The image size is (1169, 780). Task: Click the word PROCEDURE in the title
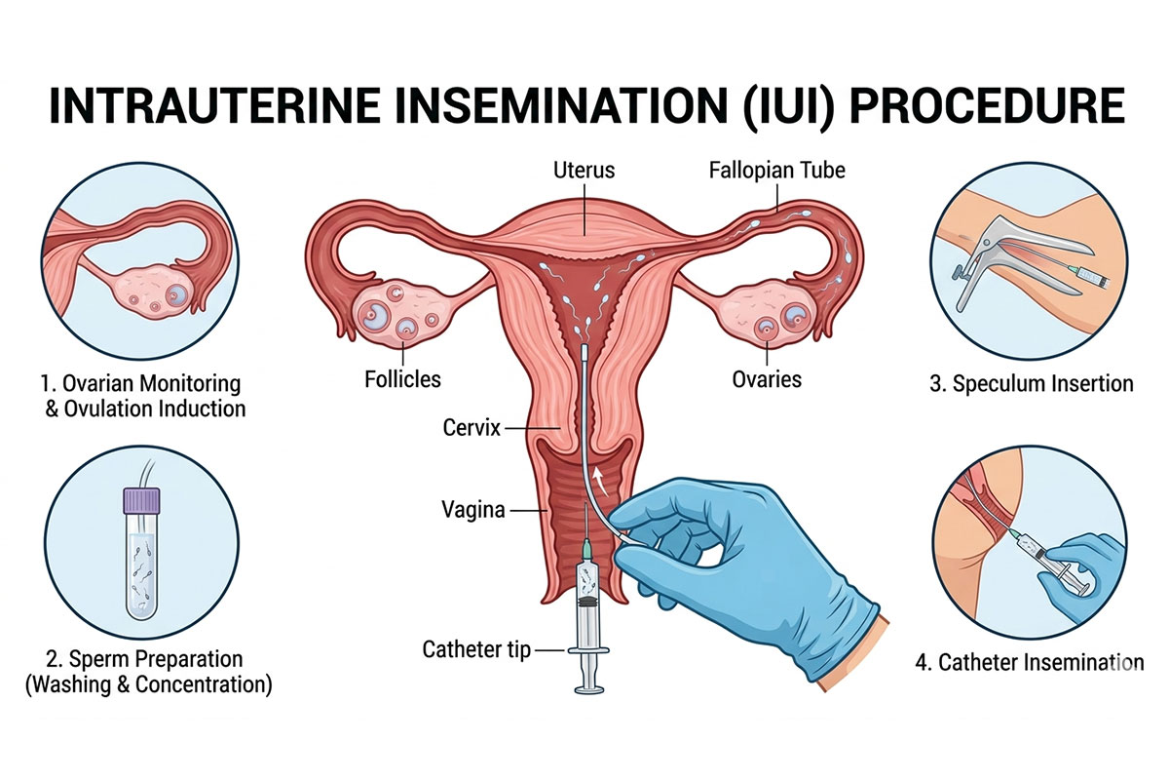pyautogui.click(x=987, y=106)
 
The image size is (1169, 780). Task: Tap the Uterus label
pyautogui.click(x=584, y=171)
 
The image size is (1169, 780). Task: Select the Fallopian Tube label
pyautogui.click(x=777, y=171)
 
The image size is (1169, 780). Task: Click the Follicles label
pyautogui.click(x=402, y=379)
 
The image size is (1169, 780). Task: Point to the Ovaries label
pyautogui.click(x=767, y=379)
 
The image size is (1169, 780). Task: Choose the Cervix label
pyautogui.click(x=471, y=428)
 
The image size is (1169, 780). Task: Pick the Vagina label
pyautogui.click(x=473, y=509)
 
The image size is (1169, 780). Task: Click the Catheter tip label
pyautogui.click(x=476, y=649)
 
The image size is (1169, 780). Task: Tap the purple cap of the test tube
pyautogui.click(x=141, y=500)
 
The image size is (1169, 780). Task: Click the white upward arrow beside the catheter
pyautogui.click(x=602, y=481)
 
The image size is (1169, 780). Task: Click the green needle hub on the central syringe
pyautogui.click(x=587, y=550)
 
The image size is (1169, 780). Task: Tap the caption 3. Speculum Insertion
pyautogui.click(x=1032, y=383)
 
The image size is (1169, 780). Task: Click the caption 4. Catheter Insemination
pyautogui.click(x=1030, y=662)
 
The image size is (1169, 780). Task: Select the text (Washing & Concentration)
pyautogui.click(x=149, y=684)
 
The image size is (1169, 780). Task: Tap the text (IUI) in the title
pyautogui.click(x=787, y=106)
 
